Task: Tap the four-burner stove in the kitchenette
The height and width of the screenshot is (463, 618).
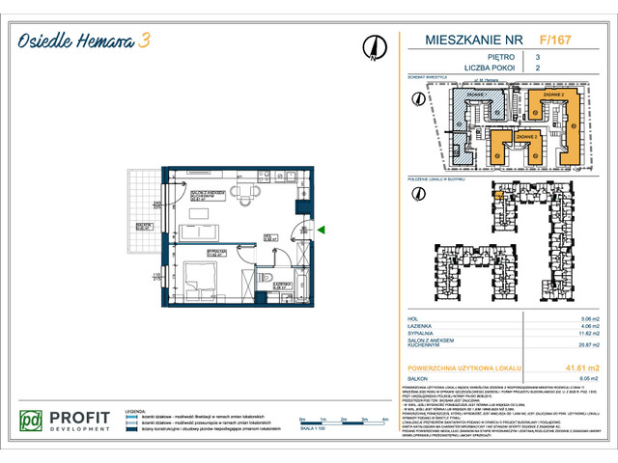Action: pyautogui.click(x=264, y=176)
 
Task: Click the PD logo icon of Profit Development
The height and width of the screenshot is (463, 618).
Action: pyautogui.click(x=33, y=421)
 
